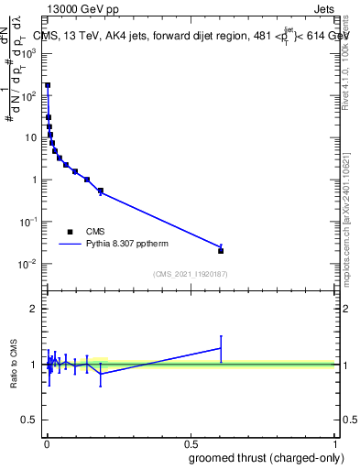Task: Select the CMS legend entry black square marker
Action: pos(70,232)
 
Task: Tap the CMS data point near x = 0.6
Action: pos(221,250)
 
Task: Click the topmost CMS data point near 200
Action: pos(48,85)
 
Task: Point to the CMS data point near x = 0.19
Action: pos(100,191)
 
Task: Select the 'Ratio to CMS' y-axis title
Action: pos(14,365)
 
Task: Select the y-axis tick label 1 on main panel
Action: pos(35,180)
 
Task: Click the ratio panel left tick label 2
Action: pos(34,309)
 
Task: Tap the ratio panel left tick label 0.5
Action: pos(30,420)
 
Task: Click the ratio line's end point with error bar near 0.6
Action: pos(221,348)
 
